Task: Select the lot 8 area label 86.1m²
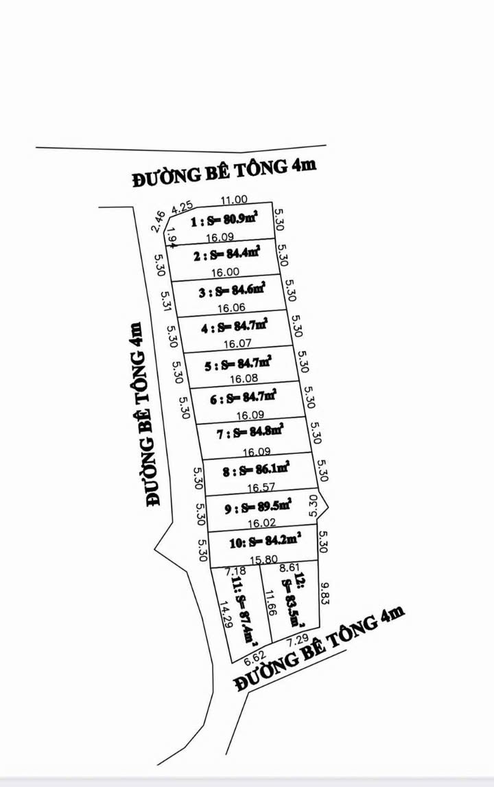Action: [x=256, y=470]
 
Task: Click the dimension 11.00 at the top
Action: [x=233, y=200]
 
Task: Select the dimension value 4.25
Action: [x=183, y=207]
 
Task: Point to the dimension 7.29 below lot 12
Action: [x=297, y=640]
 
